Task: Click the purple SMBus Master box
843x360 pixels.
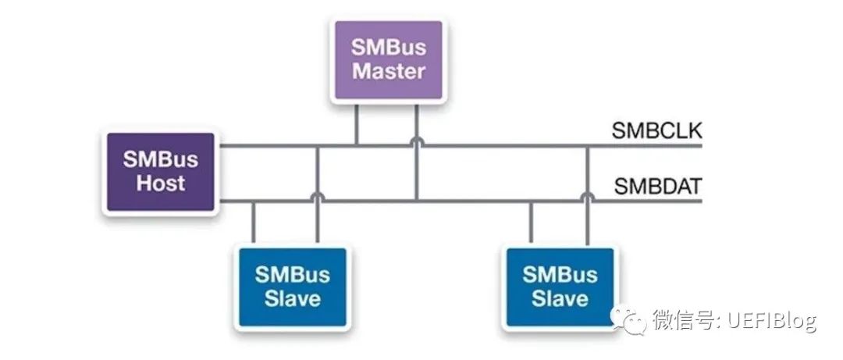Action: point(389,59)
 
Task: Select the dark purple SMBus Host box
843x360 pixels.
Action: point(161,173)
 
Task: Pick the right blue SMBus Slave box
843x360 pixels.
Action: point(560,286)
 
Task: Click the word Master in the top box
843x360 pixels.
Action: point(389,72)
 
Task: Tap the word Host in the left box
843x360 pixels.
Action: point(161,185)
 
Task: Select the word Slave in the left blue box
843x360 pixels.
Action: point(292,298)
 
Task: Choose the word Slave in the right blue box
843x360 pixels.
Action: point(560,298)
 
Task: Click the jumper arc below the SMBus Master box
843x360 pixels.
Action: point(417,142)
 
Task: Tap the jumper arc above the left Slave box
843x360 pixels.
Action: point(317,198)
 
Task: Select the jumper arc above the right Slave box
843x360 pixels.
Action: point(587,198)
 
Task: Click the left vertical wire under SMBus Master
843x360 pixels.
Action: point(357,125)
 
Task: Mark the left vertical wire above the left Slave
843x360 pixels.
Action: point(254,223)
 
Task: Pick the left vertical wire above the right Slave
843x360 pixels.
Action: point(531,223)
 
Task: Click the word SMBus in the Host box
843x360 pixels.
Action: point(161,160)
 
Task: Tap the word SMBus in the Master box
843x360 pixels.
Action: point(389,47)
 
